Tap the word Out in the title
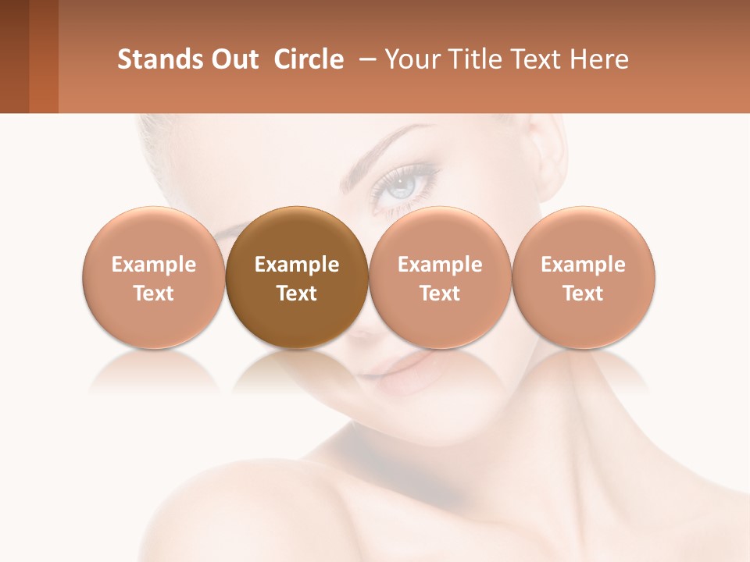pyautogui.click(x=232, y=59)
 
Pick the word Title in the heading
pyautogui.click(x=477, y=59)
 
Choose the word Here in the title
pyautogui.click(x=600, y=59)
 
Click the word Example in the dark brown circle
pyautogui.click(x=297, y=265)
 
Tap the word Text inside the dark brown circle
pyautogui.click(x=297, y=293)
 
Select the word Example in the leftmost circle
pyautogui.click(x=153, y=265)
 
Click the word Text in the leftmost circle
pyautogui.click(x=153, y=293)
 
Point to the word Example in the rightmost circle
pyautogui.click(x=583, y=265)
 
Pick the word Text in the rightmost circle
pyautogui.click(x=583, y=293)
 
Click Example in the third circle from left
pyautogui.click(x=440, y=265)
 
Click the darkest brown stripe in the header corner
pyautogui.click(x=14, y=56)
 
